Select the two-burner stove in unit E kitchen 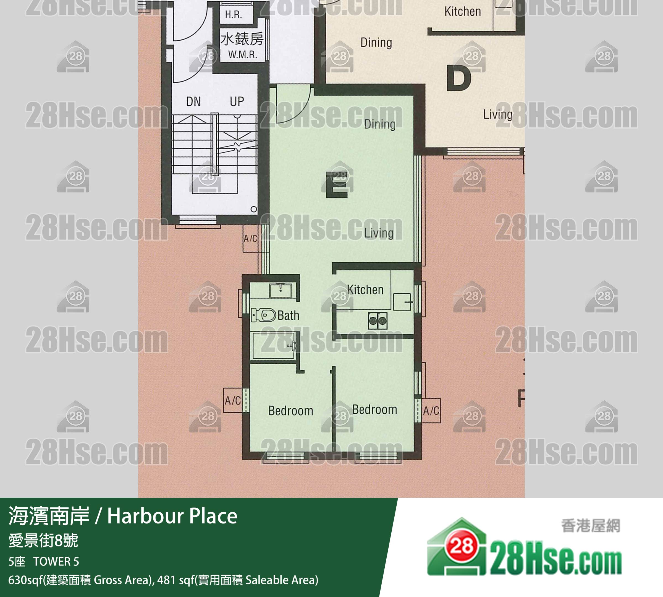click(378, 320)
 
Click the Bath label click(288, 316)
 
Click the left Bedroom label click(290, 411)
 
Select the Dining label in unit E click(379, 124)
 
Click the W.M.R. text click(242, 54)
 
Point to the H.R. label click(233, 15)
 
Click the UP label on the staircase click(237, 102)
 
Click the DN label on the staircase click(193, 102)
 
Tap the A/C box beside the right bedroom click(431, 410)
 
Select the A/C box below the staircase click(250, 238)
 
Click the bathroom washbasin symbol click(280, 291)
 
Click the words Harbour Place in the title click(172, 516)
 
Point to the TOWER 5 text click(56, 562)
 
